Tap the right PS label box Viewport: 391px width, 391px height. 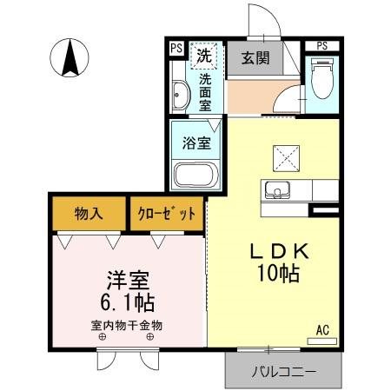[x=322, y=45]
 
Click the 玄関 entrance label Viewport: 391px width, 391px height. [x=255, y=60]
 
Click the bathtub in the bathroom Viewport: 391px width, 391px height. [x=197, y=175]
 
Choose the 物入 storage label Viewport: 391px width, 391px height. [x=88, y=212]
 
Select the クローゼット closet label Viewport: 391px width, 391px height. [x=168, y=212]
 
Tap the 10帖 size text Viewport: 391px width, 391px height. [x=278, y=275]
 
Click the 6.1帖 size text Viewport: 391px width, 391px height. [x=126, y=303]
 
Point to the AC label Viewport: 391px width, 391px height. [x=321, y=330]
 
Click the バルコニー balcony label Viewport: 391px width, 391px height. [x=284, y=372]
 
